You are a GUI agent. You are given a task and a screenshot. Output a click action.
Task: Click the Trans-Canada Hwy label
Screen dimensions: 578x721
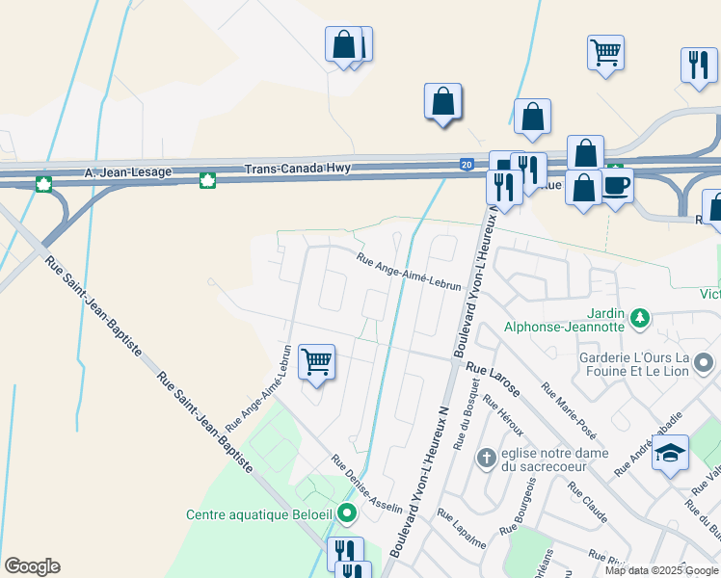click(297, 169)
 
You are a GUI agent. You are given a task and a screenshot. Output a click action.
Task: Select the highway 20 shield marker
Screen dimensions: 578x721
click(467, 165)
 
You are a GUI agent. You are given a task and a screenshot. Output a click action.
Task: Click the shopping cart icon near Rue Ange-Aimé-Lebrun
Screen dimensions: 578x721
click(316, 362)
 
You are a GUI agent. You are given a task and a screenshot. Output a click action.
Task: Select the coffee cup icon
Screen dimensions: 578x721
click(617, 184)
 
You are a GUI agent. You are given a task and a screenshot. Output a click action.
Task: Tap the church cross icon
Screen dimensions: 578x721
click(488, 457)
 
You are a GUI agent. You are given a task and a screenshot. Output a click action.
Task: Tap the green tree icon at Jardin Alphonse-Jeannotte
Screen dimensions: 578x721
click(639, 316)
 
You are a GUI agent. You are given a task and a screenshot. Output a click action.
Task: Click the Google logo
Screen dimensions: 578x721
click(32, 565)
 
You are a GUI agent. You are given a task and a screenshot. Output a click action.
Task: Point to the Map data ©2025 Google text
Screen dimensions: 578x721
click(660, 570)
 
